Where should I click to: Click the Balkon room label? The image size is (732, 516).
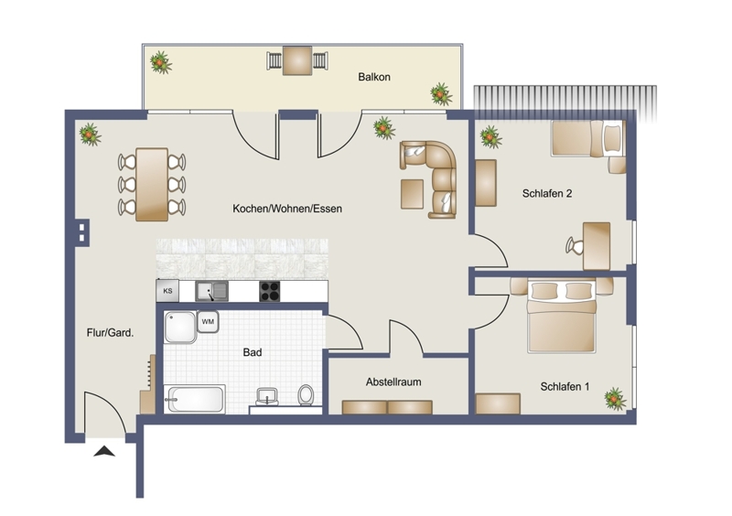click(x=374, y=77)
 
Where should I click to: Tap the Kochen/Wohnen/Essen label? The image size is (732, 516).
click(x=287, y=209)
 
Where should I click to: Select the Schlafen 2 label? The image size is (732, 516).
click(x=547, y=193)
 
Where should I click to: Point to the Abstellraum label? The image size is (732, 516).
click(x=393, y=382)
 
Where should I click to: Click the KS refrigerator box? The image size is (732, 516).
click(x=167, y=290)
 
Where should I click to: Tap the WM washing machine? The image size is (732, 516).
click(x=208, y=322)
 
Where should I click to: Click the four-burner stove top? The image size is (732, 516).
click(x=269, y=291)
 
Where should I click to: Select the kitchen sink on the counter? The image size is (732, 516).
click(x=211, y=291)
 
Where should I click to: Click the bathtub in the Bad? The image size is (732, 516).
click(x=194, y=399)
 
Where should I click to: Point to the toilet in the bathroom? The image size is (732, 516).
click(x=306, y=395)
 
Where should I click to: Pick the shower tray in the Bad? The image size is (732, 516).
click(x=179, y=327)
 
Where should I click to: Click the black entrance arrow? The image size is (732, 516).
click(x=104, y=452)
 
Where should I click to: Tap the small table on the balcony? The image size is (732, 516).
click(x=297, y=60)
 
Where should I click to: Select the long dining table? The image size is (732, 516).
click(x=152, y=185)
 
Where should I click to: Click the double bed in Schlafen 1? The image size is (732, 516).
click(x=562, y=316)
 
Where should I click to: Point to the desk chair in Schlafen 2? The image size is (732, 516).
click(x=575, y=245)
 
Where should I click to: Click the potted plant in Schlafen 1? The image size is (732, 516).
click(x=615, y=399)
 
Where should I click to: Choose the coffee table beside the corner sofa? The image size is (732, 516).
click(x=413, y=194)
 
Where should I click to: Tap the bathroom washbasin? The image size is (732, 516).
click(x=267, y=397)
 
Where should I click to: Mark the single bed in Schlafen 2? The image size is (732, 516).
click(x=587, y=138)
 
